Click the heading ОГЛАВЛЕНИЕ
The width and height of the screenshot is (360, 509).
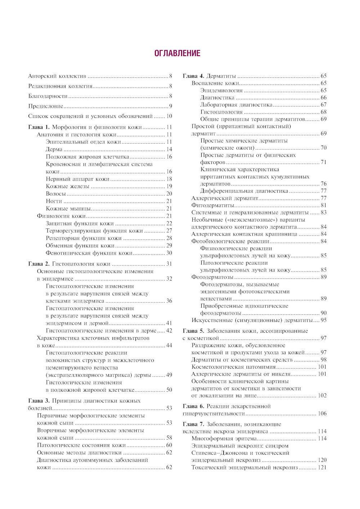click(x=177, y=54)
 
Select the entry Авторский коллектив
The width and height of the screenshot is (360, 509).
click(x=57, y=76)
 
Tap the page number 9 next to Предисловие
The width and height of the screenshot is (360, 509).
click(x=171, y=106)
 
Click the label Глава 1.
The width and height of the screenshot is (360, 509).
click(x=39, y=127)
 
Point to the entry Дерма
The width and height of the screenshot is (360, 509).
click(x=54, y=149)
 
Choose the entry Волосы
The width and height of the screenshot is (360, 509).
click(x=56, y=194)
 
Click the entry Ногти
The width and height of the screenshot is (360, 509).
click(x=54, y=201)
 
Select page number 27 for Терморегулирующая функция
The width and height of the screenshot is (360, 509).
click(x=169, y=231)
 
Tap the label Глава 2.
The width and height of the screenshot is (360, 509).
click(x=39, y=264)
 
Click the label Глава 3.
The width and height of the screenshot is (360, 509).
click(x=39, y=401)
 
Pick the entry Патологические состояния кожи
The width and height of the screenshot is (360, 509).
click(x=81, y=445)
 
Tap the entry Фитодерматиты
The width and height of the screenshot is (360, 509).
click(x=213, y=205)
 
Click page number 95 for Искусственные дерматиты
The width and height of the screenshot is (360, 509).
click(x=323, y=320)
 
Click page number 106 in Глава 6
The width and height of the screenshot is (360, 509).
click(x=322, y=414)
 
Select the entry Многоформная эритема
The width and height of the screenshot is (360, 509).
click(x=224, y=438)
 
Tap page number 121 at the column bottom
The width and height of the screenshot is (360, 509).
click(x=322, y=467)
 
